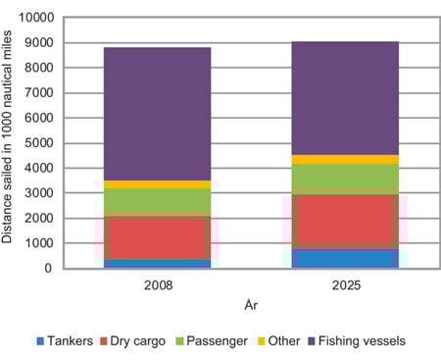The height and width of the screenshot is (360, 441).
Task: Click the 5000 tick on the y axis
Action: click(46, 143)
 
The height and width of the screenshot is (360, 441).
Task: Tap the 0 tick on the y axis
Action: click(57, 268)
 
